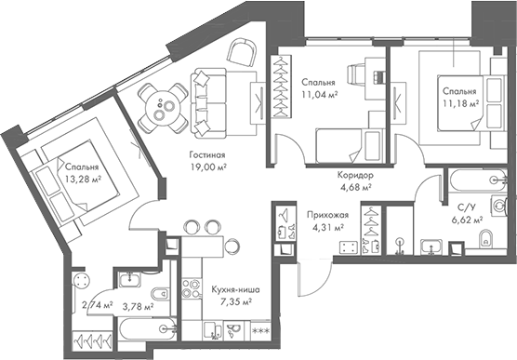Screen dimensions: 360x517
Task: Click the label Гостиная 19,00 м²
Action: coord(208,161)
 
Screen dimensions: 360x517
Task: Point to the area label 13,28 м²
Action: coord(83,179)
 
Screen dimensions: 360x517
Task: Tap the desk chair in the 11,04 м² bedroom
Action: coord(356,74)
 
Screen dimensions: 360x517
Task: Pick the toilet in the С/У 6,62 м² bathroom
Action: coord(484,243)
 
